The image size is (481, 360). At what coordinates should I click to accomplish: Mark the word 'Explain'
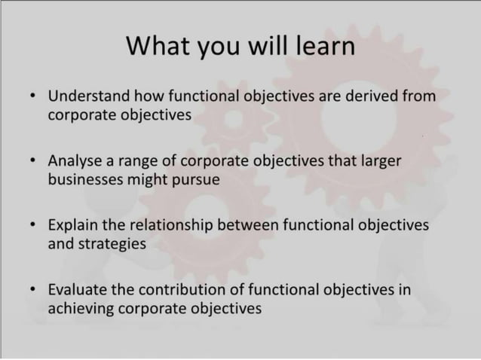(72, 225)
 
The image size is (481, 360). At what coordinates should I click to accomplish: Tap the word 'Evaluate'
(75, 289)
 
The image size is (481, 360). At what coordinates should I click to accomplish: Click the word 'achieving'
(79, 308)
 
